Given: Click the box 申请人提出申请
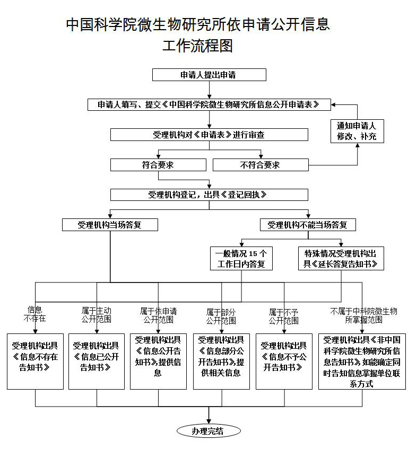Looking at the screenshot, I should pos(209,75).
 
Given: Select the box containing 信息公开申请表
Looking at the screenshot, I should pos(209,104).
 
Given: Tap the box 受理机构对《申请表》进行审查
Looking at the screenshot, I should pos(209,135).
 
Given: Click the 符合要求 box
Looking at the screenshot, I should pos(158,165).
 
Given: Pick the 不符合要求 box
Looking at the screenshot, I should pos(260,165).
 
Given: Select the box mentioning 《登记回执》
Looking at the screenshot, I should pos(209,195).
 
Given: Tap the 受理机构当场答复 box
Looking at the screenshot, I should pos(110,225).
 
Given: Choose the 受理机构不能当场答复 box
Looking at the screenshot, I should pos(308,225).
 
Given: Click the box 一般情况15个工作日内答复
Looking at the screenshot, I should pos(241,258).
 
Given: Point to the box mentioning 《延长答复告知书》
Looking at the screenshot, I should pos(341,258).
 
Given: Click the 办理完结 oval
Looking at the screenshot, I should pos(208,431).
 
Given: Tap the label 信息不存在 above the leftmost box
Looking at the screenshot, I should pos(35,314).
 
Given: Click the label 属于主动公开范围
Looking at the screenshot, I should pos(96,315).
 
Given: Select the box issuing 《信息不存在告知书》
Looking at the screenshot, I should pos(35,360).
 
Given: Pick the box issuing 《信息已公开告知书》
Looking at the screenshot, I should pos(96,360).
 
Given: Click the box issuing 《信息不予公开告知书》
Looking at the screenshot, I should pos(284,360).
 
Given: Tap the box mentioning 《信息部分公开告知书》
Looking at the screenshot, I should pos(221,360).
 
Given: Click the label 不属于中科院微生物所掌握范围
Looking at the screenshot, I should pos(363,315).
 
